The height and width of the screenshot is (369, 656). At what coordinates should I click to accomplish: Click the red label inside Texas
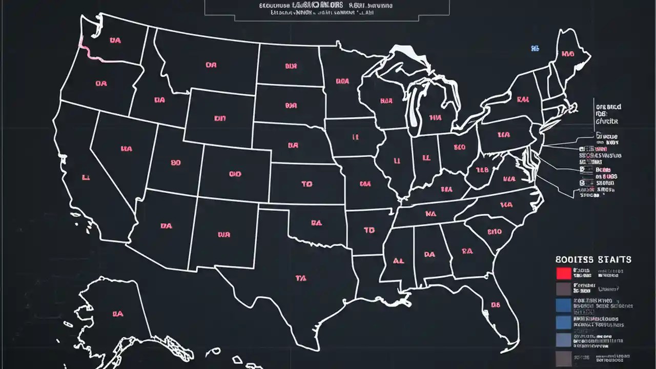click(x=301, y=278)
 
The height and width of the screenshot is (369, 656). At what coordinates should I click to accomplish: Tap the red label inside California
click(x=86, y=178)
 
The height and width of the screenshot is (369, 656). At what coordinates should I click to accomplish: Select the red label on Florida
click(x=495, y=305)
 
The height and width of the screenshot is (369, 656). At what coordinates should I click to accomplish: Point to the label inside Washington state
click(x=115, y=40)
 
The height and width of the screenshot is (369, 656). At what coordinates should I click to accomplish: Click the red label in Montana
click(x=211, y=65)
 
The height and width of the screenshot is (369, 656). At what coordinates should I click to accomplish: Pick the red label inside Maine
click(x=567, y=54)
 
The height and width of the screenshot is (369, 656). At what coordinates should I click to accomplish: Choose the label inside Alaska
click(x=118, y=313)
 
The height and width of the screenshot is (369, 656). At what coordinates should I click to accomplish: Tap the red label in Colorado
click(x=235, y=174)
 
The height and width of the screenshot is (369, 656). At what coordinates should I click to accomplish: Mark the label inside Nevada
click(x=127, y=149)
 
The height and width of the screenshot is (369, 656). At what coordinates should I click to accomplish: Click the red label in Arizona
click(x=166, y=225)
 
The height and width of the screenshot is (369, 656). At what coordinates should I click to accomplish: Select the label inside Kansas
click(x=307, y=183)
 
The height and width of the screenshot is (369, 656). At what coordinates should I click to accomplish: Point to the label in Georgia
click(x=467, y=251)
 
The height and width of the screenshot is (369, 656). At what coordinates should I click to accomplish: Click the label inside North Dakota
click(x=291, y=66)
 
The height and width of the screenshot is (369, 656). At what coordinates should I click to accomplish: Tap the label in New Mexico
click(x=224, y=235)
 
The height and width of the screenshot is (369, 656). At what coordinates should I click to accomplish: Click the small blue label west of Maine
click(x=535, y=49)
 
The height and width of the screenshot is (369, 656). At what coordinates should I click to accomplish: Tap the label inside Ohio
click(x=459, y=147)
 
